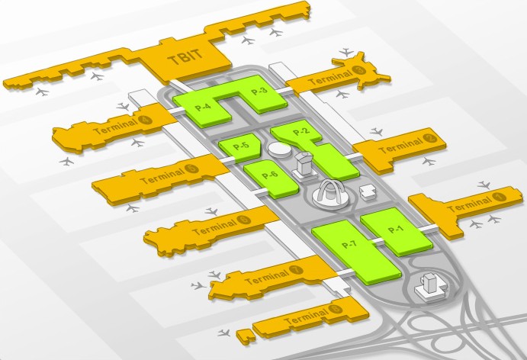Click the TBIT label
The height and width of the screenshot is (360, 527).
[185, 57]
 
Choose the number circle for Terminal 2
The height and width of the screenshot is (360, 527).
[429, 138]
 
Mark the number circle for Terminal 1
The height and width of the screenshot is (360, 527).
[499, 197]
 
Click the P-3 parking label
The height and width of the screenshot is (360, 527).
[259, 91]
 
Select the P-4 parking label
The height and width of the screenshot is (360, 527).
[203, 108]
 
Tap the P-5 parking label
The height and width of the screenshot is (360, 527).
[241, 146]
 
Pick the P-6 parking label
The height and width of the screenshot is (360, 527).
[270, 175]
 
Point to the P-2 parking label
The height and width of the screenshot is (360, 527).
[301, 131]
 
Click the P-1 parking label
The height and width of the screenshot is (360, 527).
[395, 230]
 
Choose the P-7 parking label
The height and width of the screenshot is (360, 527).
[349, 244]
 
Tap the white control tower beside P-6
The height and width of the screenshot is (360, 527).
[304, 166]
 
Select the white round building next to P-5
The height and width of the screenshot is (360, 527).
[280, 149]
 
